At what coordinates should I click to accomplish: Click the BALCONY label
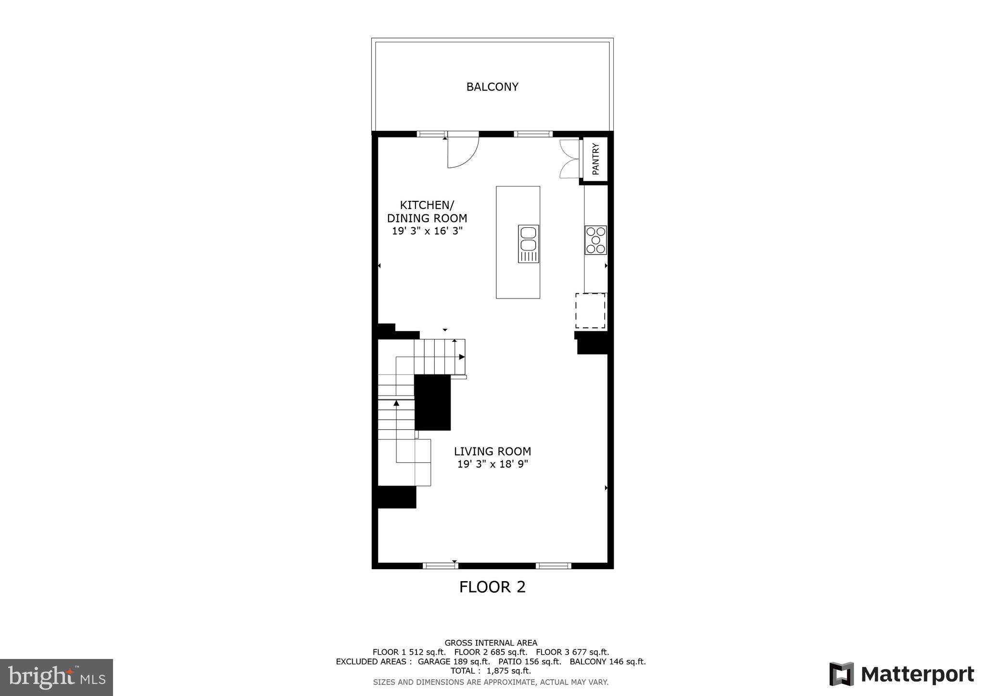click(x=492, y=87)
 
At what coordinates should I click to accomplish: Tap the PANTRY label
click(x=596, y=159)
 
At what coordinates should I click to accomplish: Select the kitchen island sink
click(x=528, y=244)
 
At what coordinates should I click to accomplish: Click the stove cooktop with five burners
click(x=595, y=240)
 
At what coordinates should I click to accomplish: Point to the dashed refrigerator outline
click(x=591, y=311)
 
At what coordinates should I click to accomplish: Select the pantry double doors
click(x=570, y=159)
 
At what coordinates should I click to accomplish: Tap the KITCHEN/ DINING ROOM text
click(x=427, y=211)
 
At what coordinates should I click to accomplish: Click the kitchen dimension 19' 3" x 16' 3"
click(x=427, y=231)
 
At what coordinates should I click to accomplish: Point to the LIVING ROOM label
click(x=492, y=451)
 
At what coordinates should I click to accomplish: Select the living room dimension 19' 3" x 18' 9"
click(x=492, y=464)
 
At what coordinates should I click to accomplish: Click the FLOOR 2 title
click(x=492, y=587)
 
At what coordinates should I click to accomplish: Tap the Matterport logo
click(x=901, y=674)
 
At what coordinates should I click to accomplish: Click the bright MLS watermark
click(x=56, y=678)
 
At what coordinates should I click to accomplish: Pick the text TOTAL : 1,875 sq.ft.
click(x=491, y=671)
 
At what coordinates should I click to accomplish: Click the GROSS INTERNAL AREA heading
click(x=491, y=643)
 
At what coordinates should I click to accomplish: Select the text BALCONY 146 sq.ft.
click(x=607, y=662)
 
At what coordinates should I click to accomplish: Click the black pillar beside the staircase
click(x=432, y=402)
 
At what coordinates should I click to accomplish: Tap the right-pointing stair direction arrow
click(x=462, y=357)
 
